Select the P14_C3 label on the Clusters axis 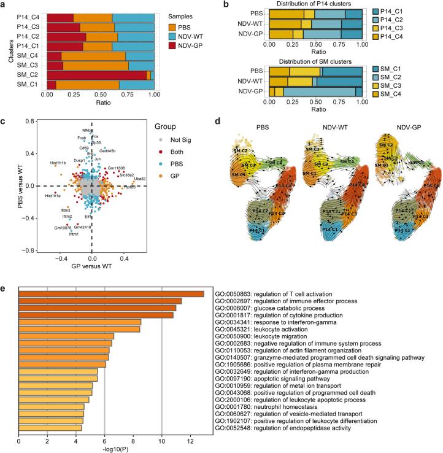click(27, 27)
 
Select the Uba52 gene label click(139, 179)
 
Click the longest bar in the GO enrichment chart click(111, 293)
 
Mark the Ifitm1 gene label click(74, 234)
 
